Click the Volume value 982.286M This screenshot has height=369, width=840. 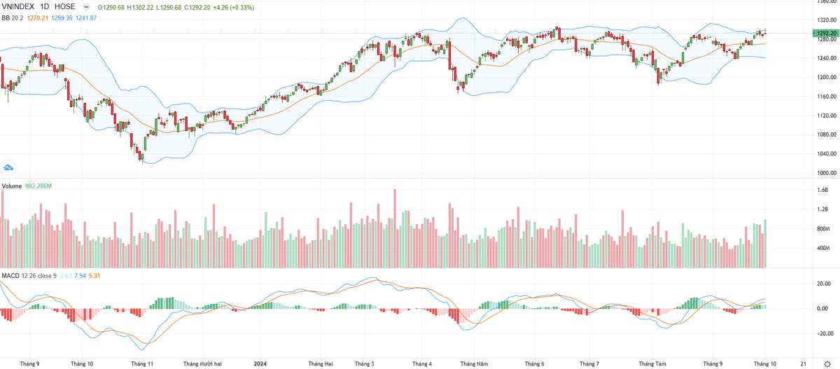(x=39, y=186)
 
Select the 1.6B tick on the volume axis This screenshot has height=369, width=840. (x=822, y=190)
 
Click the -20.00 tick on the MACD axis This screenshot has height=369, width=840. (x=820, y=334)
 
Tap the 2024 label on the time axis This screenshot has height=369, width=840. (x=260, y=364)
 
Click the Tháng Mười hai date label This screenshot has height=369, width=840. (x=202, y=364)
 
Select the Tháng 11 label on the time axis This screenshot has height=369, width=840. (x=142, y=364)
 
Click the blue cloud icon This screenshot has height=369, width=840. (x=9, y=167)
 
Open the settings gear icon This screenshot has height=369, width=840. (x=827, y=364)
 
